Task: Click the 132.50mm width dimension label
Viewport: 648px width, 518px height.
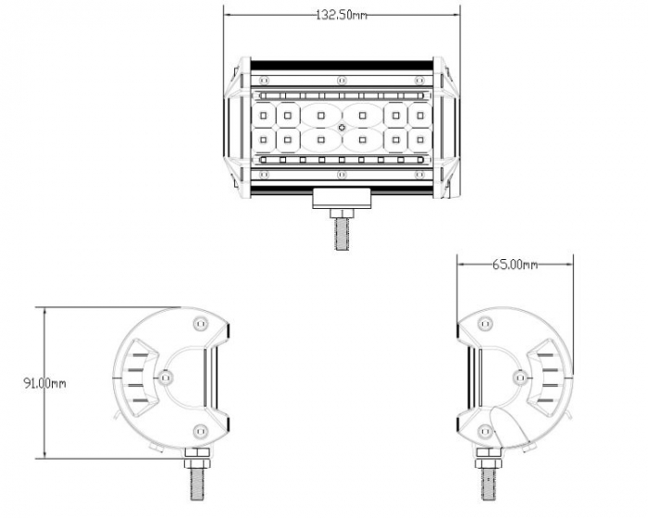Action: point(342,15)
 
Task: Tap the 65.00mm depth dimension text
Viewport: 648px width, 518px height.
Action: point(514,265)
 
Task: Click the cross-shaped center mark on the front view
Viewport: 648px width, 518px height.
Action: point(342,127)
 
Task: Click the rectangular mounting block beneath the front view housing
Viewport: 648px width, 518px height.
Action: point(342,197)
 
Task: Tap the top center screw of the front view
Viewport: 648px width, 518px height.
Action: point(342,78)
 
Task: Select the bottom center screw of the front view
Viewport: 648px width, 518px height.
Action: point(342,175)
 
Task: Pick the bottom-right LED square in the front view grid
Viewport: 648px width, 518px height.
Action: point(419,140)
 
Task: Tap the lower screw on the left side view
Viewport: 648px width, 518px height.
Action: point(200,430)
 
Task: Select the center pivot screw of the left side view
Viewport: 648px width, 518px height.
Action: point(166,376)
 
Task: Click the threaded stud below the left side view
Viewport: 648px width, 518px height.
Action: point(198,477)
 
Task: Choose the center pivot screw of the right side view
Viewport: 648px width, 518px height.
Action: point(518,376)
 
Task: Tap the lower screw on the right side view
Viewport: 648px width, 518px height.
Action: point(484,430)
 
